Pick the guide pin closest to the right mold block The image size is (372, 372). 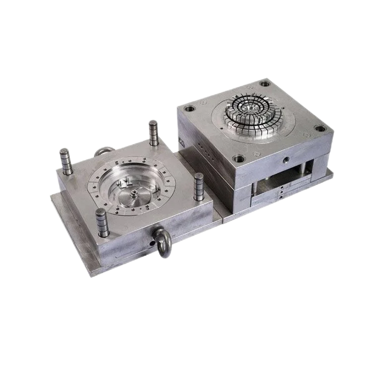[x=199, y=186]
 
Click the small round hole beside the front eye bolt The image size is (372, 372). [x=150, y=244]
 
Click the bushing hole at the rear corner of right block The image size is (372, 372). [x=264, y=84]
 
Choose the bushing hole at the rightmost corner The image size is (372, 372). [x=320, y=128]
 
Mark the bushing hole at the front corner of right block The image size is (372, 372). [x=239, y=159]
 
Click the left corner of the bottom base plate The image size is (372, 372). [x=50, y=194]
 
